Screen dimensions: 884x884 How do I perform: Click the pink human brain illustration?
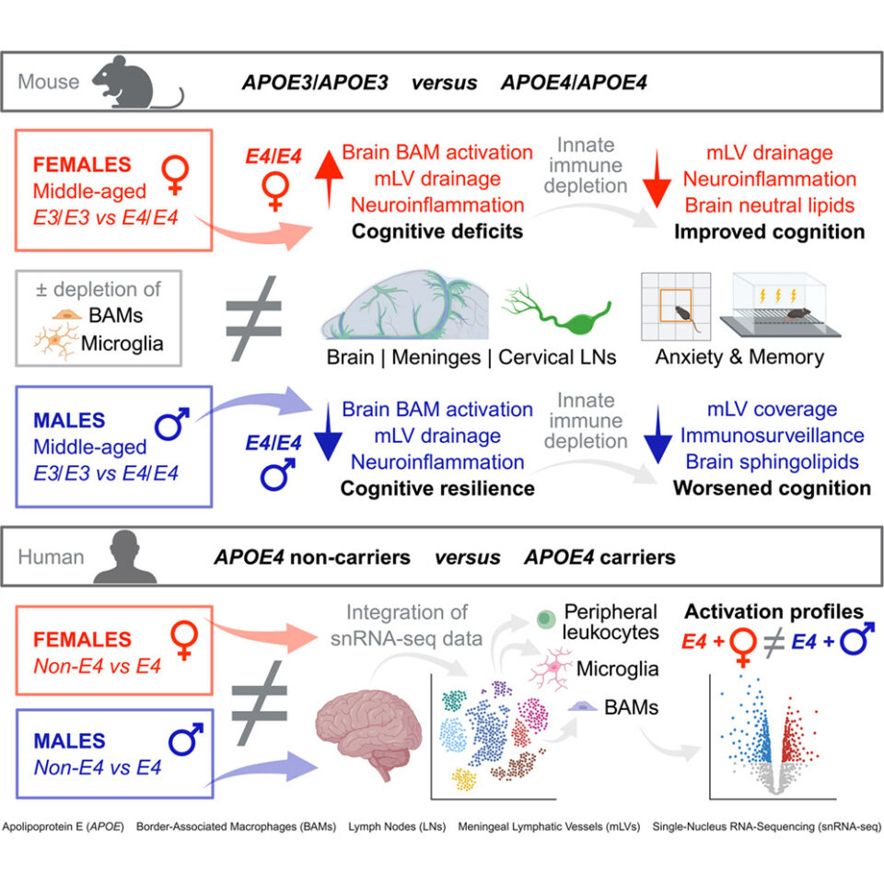coord(368,734)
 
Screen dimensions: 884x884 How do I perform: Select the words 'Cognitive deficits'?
coord(436,231)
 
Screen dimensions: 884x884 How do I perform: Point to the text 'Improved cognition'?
coord(770,232)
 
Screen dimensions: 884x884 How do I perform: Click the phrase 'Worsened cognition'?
coord(772,488)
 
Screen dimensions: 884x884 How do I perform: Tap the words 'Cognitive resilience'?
coord(437,488)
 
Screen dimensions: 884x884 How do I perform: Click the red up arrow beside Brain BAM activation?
coord(329,179)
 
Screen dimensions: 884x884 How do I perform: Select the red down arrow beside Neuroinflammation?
coord(657,179)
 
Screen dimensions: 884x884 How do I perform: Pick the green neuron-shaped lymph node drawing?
coord(557,310)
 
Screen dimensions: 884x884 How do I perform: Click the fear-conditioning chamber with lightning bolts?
coord(780,305)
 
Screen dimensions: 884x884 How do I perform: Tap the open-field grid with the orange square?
coord(676,306)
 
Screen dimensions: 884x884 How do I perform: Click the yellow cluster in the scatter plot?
coord(464,779)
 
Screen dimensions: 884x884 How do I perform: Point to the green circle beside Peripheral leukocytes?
coord(545,619)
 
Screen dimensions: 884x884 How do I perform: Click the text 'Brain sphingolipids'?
coord(772,461)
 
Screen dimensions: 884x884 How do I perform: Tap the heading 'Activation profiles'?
coord(773,611)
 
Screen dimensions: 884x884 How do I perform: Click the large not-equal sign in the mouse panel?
coord(254,318)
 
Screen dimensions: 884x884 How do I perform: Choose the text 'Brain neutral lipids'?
coord(770,205)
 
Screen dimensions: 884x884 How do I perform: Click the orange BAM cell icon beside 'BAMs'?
coord(67,315)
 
